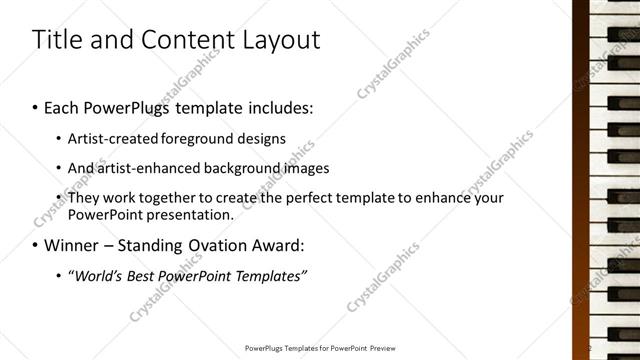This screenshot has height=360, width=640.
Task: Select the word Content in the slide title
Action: click(186, 40)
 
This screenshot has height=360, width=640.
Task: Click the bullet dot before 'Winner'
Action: click(36, 245)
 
